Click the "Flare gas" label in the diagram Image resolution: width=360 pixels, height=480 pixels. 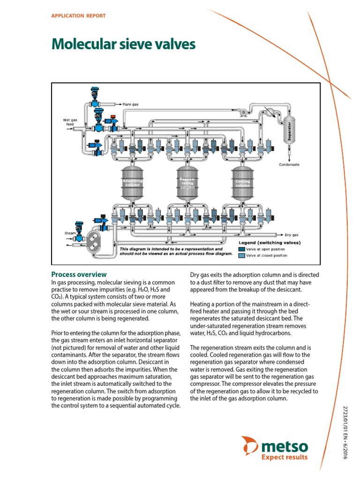(x=131, y=104)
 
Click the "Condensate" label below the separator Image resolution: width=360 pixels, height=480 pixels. (x=289, y=165)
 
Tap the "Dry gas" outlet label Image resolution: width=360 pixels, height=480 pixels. (x=292, y=234)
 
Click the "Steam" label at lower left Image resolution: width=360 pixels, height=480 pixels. (x=70, y=232)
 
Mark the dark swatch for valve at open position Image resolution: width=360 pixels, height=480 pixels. (x=241, y=249)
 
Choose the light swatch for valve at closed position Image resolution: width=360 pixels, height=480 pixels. (x=241, y=255)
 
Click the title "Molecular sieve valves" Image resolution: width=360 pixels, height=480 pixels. (x=123, y=45)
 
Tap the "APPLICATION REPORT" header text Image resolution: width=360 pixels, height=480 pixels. (x=78, y=15)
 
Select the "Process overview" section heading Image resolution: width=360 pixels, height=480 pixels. (x=79, y=274)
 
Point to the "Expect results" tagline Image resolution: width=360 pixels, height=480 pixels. (x=285, y=457)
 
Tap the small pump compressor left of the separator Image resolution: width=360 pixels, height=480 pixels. (x=243, y=112)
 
